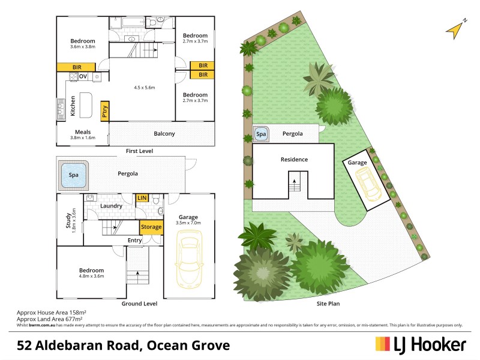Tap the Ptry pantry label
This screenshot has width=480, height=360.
tap(105, 111)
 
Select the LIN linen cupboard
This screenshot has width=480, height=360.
tap(142, 197)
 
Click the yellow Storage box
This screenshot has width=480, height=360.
tap(151, 227)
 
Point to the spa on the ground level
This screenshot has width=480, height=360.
tap(72, 175)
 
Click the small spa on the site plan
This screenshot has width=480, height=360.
tap(261, 134)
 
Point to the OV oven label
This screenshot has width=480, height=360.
tap(83, 76)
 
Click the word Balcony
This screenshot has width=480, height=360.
tap(163, 134)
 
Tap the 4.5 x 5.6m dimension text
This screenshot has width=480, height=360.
tap(145, 88)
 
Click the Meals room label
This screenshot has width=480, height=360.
tap(83, 132)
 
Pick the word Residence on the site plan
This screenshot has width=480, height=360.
tap(294, 160)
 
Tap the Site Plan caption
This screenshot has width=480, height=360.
tap(328, 304)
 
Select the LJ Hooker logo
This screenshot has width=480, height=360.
tap(420, 344)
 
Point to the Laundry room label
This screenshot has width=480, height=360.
tap(112, 206)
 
